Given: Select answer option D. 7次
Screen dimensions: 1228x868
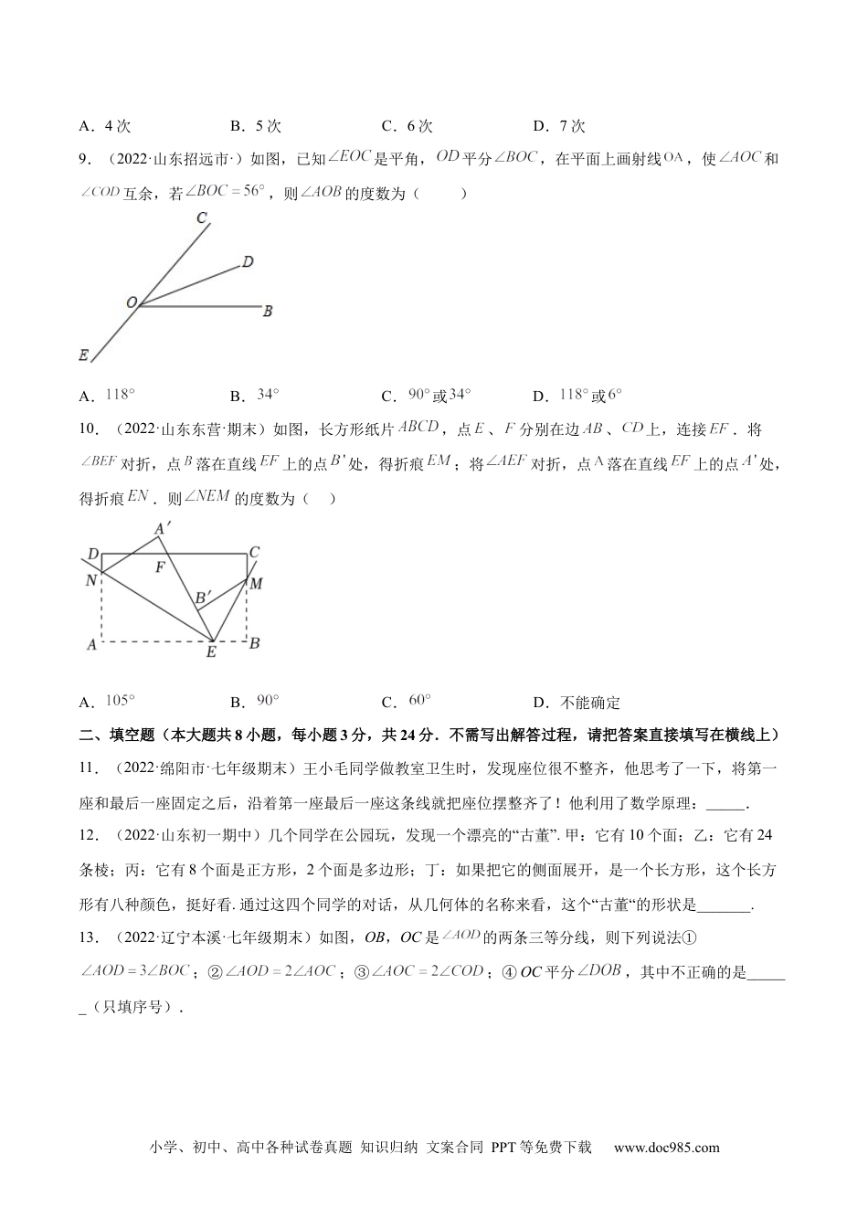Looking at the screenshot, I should point(558,126).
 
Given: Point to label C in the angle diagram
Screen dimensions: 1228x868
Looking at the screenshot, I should point(202,217).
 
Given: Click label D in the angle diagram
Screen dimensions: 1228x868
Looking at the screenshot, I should point(247,262).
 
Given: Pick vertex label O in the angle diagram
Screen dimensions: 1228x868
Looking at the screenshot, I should point(132,302).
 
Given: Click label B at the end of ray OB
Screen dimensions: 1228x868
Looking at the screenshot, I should point(268,312).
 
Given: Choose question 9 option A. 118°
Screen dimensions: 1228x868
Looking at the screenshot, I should point(109,396).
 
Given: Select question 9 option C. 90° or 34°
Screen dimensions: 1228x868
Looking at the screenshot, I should point(427,396).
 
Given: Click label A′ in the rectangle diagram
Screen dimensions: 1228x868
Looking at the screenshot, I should point(164,528).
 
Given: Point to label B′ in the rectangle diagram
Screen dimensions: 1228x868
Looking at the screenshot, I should point(204,598).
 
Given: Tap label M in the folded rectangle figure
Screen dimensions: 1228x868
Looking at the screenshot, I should point(257,583).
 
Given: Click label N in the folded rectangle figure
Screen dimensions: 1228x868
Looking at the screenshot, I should point(91,579).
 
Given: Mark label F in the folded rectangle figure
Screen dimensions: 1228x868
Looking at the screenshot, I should point(160,567).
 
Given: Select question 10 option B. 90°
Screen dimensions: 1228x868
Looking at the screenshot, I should point(256,702).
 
